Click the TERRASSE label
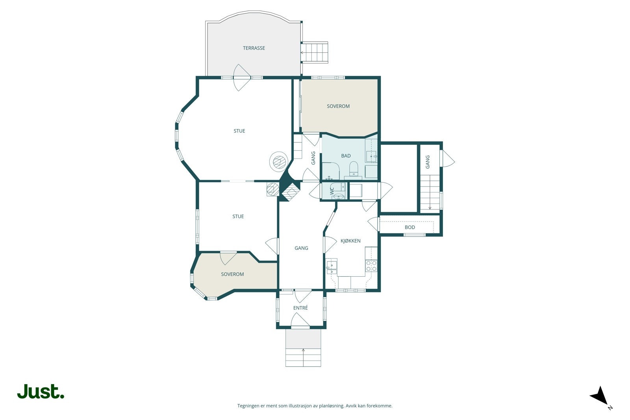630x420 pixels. [254, 48]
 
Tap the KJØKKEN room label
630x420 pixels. [350, 241]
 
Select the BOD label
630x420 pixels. [410, 227]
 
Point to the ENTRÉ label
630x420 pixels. [300, 308]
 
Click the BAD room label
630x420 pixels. [346, 156]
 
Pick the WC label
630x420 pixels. [332, 191]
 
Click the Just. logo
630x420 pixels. [41, 391]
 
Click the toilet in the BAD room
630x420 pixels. [353, 168]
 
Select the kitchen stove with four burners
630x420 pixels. [371, 266]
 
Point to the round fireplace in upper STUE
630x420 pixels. [278, 161]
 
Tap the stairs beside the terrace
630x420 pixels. [315, 52]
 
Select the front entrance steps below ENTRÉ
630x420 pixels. [303, 357]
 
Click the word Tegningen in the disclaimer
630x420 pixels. [248, 406]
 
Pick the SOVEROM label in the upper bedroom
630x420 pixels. [338, 106]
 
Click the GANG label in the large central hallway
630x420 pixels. [301, 248]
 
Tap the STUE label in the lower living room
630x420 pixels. [238, 216]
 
